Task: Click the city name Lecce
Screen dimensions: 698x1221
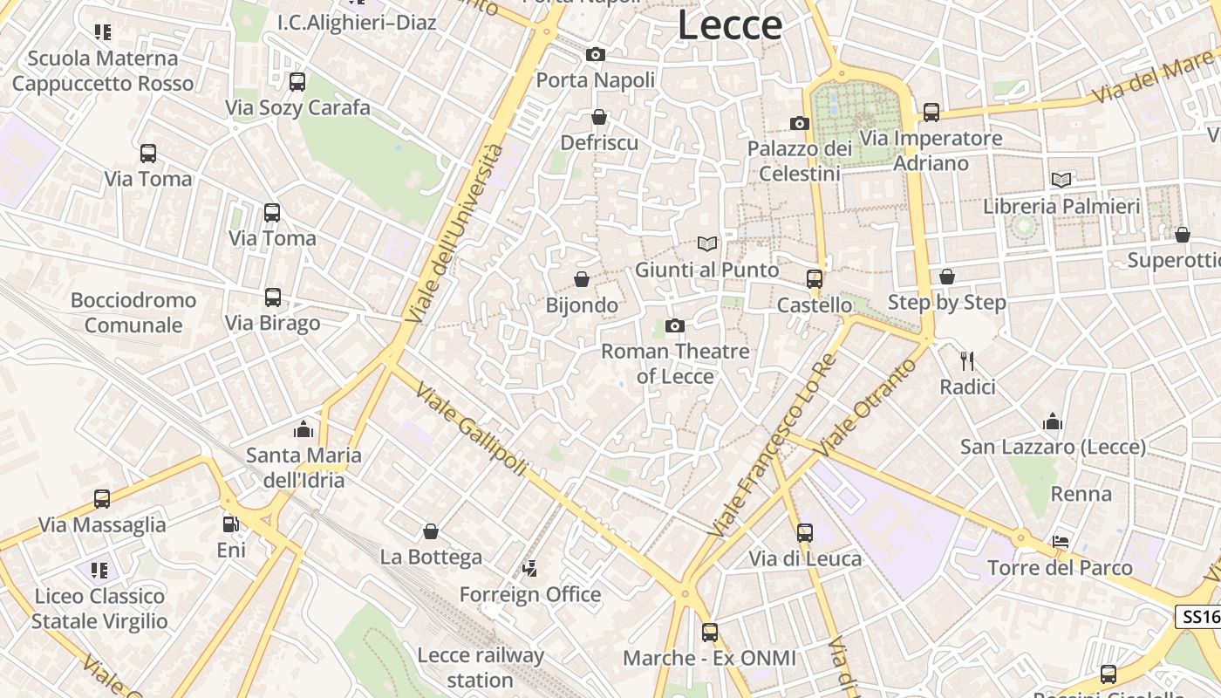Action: pos(730,25)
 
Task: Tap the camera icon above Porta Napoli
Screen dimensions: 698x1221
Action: pos(596,55)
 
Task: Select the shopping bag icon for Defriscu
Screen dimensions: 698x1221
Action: pos(599,117)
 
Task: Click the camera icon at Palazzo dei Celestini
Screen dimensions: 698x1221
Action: pos(799,124)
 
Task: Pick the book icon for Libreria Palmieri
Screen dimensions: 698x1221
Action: pos(1061,180)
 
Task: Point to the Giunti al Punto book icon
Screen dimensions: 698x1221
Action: pos(707,244)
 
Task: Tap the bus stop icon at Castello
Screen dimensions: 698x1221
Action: pos(815,279)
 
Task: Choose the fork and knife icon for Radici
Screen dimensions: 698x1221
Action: pos(967,360)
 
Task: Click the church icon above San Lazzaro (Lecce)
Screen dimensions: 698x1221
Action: pos(1053,422)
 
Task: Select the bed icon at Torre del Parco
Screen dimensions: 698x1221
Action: pos(1061,542)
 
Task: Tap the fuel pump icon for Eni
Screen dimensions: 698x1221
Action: pos(231,524)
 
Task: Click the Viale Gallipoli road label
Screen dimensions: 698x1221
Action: pos(471,429)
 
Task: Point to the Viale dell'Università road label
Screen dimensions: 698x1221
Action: pos(455,234)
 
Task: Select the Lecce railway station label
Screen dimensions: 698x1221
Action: pos(481,667)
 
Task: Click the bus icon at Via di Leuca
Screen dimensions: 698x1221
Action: pos(805,532)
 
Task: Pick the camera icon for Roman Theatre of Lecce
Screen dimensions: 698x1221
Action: pos(675,326)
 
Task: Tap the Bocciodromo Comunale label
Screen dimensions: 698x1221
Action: pos(133,312)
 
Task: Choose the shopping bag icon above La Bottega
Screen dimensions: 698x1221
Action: pos(431,531)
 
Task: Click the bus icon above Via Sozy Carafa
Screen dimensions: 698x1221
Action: pos(297,82)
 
